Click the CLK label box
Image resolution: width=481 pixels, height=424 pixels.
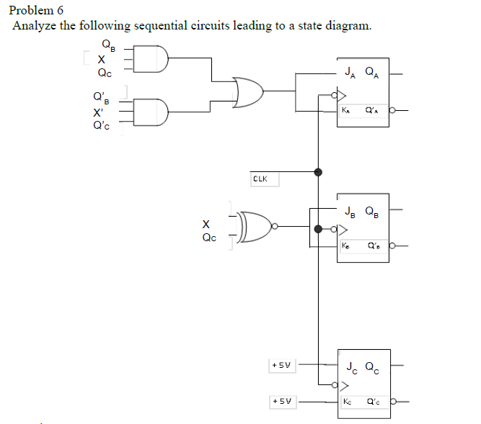[261, 178]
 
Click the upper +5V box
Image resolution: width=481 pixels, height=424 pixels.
[281, 365]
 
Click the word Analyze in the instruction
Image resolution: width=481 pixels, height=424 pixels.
[33, 26]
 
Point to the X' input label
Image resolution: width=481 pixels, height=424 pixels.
[97, 113]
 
